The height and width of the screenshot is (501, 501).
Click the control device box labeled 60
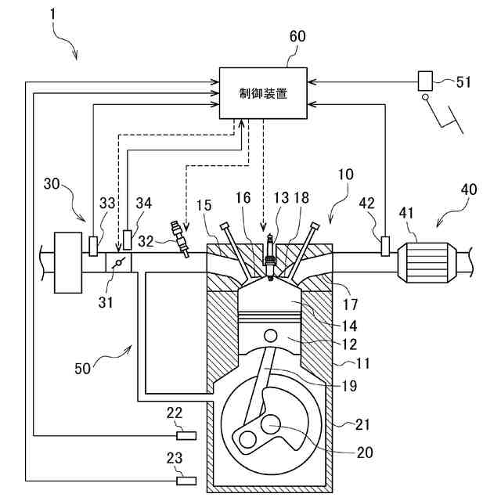[x=263, y=93]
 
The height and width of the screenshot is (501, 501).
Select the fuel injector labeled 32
[x=180, y=239]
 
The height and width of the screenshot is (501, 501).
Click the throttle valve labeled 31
[x=118, y=263]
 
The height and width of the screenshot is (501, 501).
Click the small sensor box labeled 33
[x=93, y=246]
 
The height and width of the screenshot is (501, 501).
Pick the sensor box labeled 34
[x=128, y=240]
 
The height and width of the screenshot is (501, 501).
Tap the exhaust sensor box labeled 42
[x=385, y=246]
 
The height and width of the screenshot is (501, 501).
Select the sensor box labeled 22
[x=186, y=435]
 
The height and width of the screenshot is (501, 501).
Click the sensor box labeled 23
[x=186, y=481]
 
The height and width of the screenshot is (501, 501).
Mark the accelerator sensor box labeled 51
[x=425, y=81]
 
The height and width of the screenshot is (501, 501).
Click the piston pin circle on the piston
[x=270, y=336]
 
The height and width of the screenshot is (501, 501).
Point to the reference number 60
[x=297, y=37]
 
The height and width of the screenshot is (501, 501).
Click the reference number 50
[x=82, y=369]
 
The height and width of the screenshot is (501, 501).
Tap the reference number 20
[x=365, y=452]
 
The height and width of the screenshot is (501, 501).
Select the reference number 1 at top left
[x=52, y=15]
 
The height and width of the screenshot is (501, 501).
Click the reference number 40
[x=469, y=189]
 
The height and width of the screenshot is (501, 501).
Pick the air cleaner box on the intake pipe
[x=68, y=263]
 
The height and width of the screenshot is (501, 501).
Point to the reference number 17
[x=350, y=305]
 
